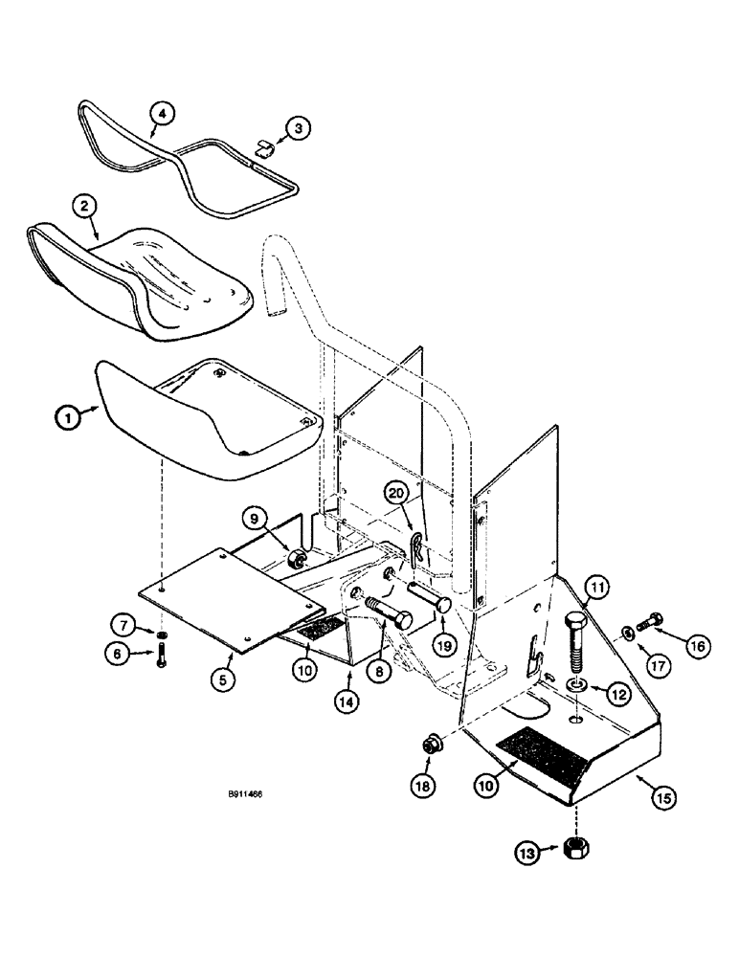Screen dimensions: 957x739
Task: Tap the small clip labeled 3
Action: pyautogui.click(x=264, y=145)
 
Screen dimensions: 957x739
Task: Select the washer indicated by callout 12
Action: pyautogui.click(x=577, y=685)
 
